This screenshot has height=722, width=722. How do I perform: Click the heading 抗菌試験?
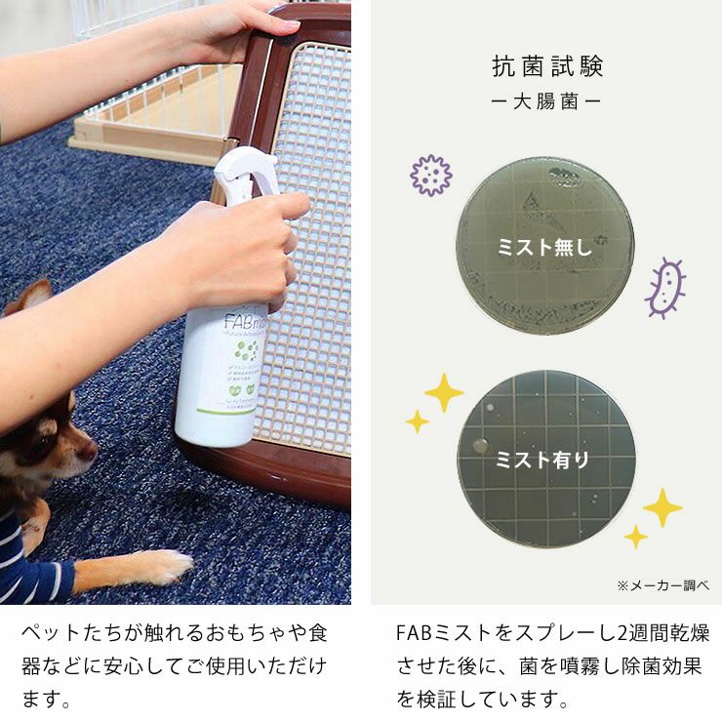[x=547, y=66]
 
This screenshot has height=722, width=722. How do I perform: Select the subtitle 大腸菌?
[x=547, y=101]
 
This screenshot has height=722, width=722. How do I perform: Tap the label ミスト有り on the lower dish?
[x=545, y=460]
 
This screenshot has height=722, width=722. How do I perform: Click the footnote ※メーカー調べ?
[x=662, y=584]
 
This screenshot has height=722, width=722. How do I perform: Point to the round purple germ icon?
[x=430, y=176]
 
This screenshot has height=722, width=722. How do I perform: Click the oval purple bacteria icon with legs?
[x=666, y=287]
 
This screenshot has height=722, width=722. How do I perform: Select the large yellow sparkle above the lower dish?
[x=444, y=391]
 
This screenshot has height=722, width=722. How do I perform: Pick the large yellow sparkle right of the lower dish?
[x=662, y=507]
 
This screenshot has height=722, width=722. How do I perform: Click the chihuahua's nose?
[x=90, y=450]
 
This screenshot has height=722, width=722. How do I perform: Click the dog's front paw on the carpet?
[x=166, y=566]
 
